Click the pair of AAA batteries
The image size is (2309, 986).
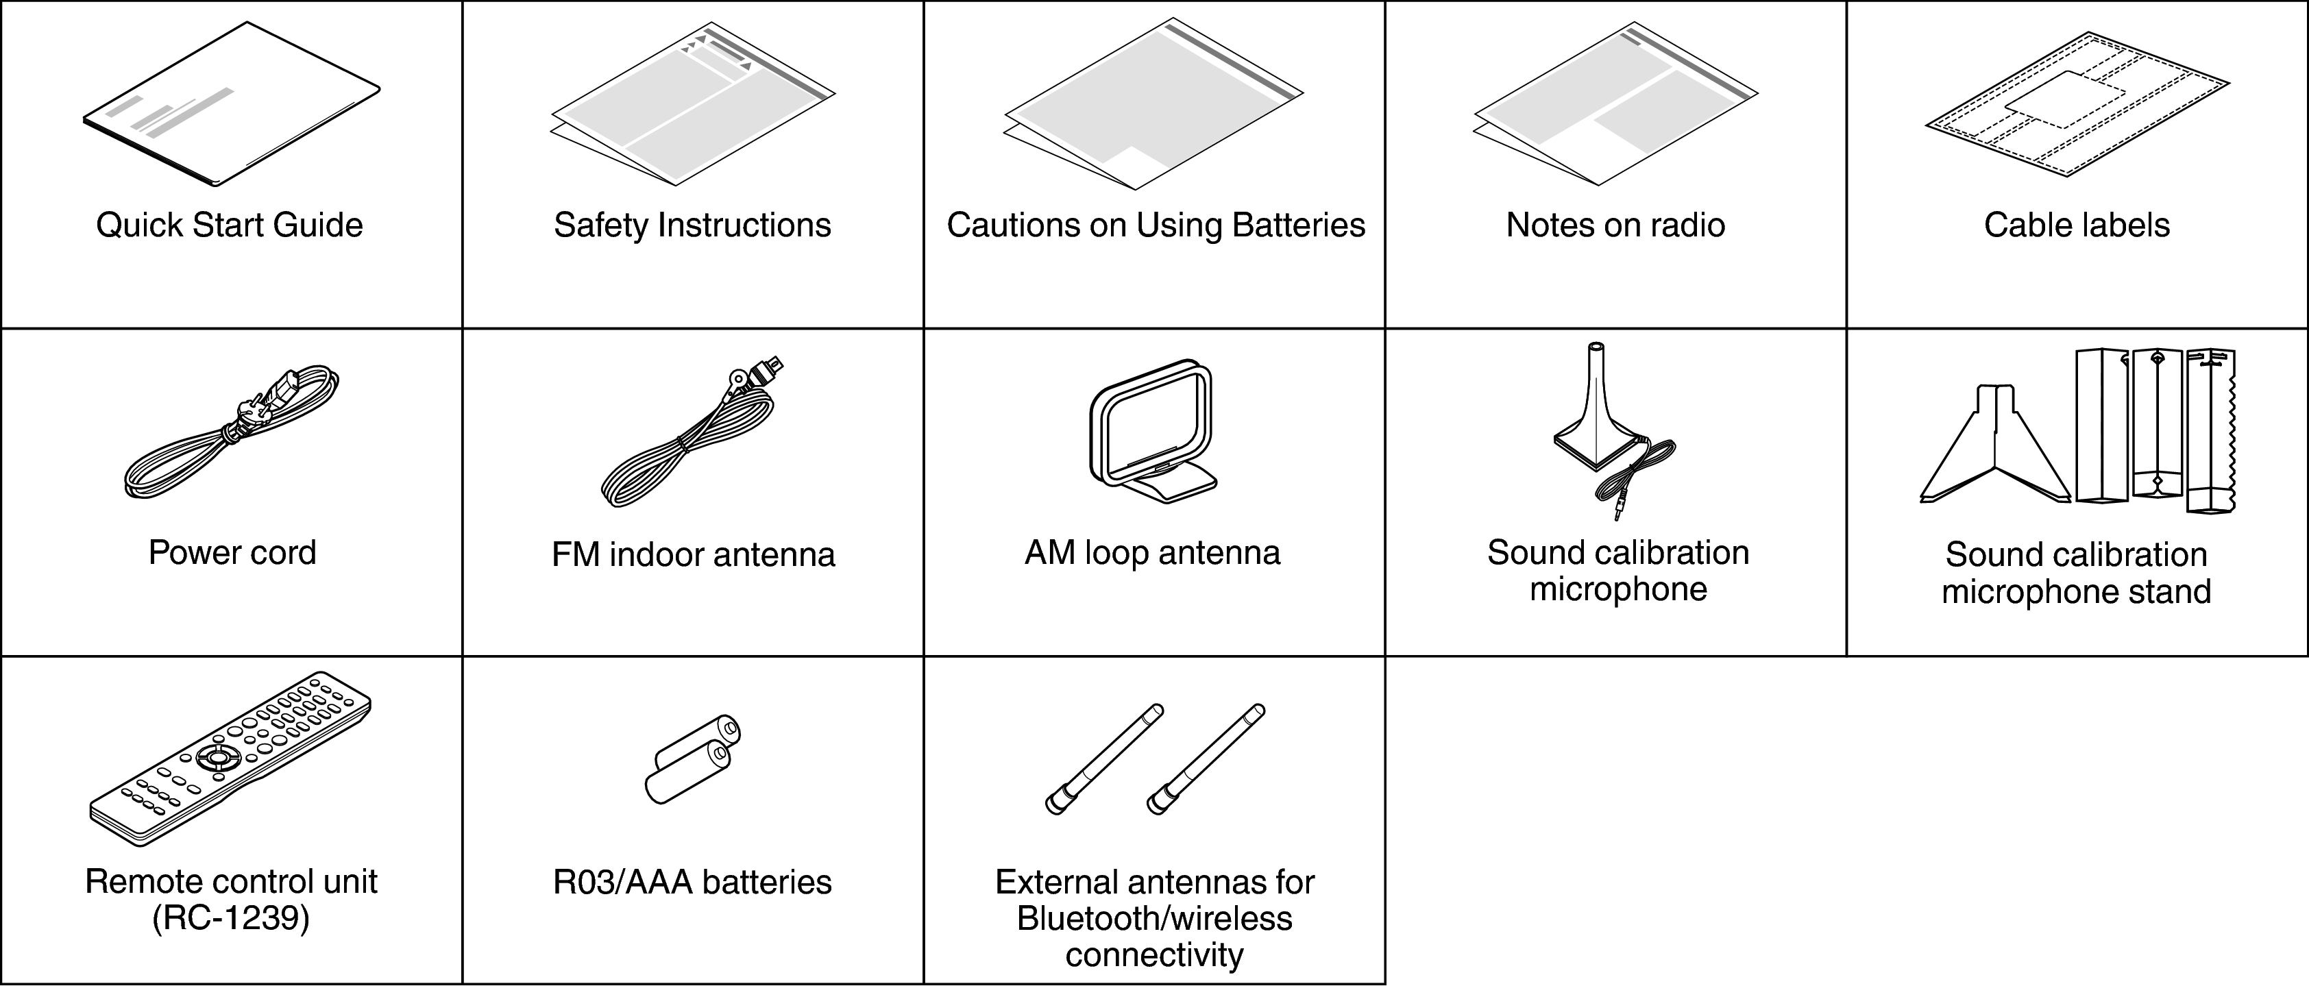(692, 760)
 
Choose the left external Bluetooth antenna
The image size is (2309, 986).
(1104, 759)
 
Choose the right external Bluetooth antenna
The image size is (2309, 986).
(1206, 759)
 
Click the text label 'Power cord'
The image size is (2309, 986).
(232, 553)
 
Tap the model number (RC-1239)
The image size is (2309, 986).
(231, 919)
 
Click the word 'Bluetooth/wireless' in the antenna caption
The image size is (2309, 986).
(1154, 919)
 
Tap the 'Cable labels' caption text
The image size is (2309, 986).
(2077, 225)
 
